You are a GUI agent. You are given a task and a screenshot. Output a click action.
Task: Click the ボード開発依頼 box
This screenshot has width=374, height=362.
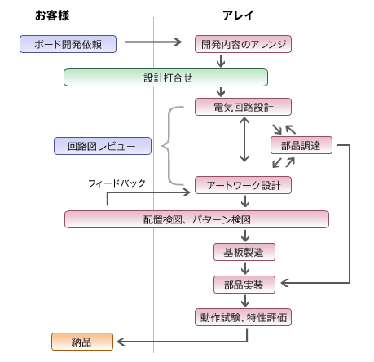(68, 44)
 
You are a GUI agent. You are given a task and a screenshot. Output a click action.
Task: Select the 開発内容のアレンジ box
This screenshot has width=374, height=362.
(243, 44)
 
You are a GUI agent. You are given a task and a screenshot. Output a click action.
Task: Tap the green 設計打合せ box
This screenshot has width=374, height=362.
(165, 77)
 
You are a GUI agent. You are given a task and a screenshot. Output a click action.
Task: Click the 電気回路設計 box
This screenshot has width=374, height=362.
(243, 107)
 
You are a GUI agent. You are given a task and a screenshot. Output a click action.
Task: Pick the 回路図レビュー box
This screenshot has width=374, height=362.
(103, 146)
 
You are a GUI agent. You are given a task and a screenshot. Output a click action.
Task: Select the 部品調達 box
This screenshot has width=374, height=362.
(301, 145)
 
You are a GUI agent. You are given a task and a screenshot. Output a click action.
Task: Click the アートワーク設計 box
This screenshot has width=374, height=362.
(243, 185)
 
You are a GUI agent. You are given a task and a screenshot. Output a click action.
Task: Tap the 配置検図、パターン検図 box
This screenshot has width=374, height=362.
(196, 219)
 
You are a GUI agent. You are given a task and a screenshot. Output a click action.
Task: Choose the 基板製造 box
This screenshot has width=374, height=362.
(244, 252)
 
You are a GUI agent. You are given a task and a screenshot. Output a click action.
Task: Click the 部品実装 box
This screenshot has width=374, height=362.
(244, 285)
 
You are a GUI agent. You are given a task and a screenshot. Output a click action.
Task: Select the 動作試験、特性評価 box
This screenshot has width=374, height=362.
(243, 317)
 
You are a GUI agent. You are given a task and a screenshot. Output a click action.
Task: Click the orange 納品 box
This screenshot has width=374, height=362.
(82, 342)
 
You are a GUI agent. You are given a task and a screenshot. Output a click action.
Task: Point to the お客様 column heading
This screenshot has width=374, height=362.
(52, 15)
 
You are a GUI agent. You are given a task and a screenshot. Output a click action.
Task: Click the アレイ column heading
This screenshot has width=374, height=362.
(238, 15)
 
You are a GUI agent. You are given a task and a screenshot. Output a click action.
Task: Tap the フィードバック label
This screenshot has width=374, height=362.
(117, 183)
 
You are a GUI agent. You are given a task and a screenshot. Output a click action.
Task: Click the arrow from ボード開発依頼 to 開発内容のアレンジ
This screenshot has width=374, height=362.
(153, 42)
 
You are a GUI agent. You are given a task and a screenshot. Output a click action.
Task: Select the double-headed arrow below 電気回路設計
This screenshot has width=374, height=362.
(244, 139)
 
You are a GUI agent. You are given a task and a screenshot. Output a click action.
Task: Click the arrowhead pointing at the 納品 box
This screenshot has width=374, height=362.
(121, 342)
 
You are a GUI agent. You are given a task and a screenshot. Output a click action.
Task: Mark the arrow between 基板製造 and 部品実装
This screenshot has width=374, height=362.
(245, 268)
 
